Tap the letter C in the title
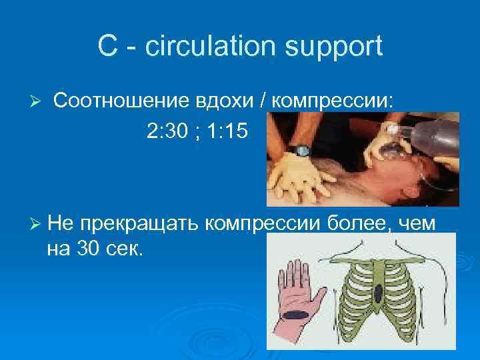point(107,46)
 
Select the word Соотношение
point(119,101)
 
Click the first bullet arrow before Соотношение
point(37,101)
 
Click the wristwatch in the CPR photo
point(301,151)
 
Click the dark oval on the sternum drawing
point(379,291)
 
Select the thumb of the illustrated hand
point(319,293)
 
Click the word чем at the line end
point(418,223)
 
